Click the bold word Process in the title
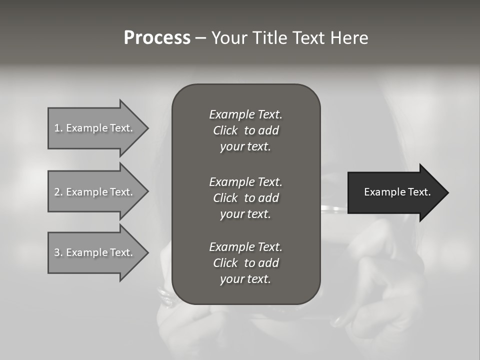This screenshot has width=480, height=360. (157, 38)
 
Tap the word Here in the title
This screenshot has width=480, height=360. (349, 38)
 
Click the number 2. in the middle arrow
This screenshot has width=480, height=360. (58, 192)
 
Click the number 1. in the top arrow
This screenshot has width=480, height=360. (58, 128)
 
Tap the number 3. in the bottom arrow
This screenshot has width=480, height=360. (58, 252)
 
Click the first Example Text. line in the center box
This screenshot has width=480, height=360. (245, 114)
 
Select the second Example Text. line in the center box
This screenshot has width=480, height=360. (245, 182)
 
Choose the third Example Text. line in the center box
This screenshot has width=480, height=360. (245, 247)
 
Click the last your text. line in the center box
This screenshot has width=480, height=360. (245, 279)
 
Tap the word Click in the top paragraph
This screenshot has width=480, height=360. (225, 131)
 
